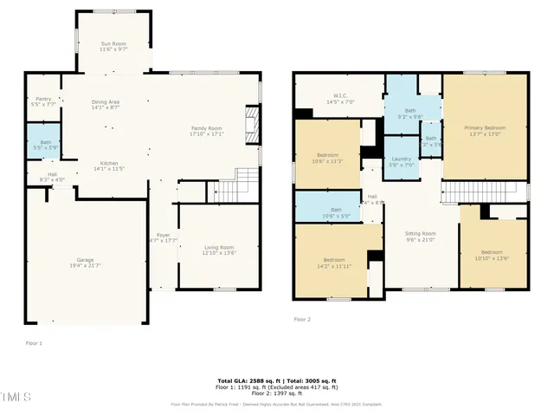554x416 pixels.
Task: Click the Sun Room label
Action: pos(113,46)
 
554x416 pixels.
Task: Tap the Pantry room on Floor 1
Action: pos(42,101)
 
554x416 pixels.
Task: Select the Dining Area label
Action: pos(106,105)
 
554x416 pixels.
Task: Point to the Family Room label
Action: pos(207,131)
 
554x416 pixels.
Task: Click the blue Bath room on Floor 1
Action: pos(42,144)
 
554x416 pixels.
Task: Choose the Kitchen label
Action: pos(109,166)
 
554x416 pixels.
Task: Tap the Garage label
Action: pos(85,262)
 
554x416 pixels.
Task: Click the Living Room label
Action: pos(218,250)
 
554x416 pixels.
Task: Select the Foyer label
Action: pos(163,237)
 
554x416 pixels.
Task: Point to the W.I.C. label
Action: pos(339,99)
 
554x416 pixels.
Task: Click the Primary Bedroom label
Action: pos(486,130)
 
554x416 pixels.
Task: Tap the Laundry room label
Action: pos(401,161)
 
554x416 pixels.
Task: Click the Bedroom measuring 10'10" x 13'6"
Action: pos(492,255)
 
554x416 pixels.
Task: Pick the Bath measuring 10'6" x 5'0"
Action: pos(334,212)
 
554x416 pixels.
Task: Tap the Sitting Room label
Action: pos(421,236)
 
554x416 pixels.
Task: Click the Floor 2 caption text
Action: pos(301,320)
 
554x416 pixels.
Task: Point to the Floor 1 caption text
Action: pos(34,343)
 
